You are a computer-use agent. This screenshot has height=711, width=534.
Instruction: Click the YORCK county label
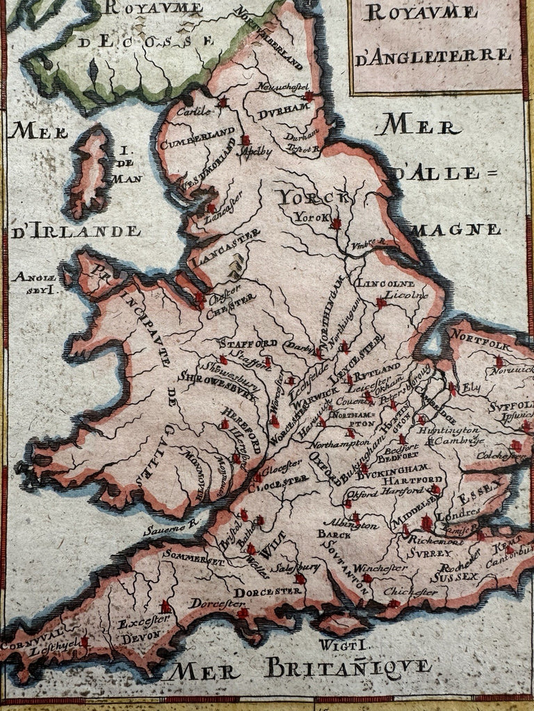314,199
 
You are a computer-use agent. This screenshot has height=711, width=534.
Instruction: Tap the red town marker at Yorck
337,224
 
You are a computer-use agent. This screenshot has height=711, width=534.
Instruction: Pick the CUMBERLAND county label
197,137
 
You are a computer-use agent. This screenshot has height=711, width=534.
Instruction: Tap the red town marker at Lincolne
380,303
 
